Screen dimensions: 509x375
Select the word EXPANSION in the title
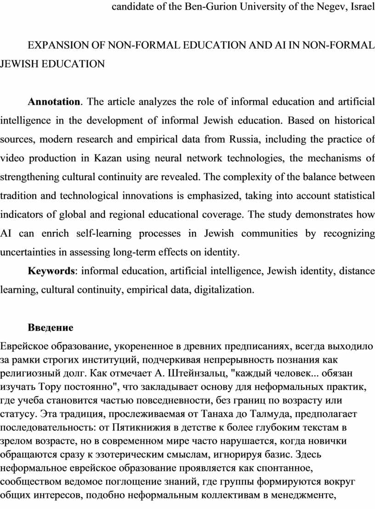pos(51,45)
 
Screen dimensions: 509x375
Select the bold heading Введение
pos(51,328)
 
